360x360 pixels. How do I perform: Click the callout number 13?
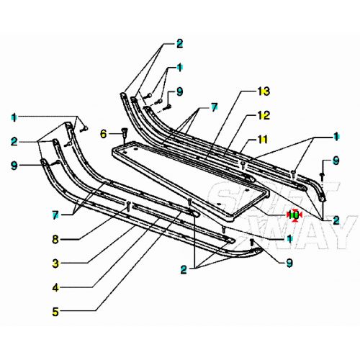264,91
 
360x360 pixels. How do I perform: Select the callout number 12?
264,115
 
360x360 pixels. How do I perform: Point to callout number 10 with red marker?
293,214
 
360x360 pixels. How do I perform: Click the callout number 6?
103,133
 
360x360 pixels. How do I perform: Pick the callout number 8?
55,238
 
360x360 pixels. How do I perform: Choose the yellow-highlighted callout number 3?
55,264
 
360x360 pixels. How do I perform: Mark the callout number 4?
55,288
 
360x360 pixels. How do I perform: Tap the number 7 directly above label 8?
55,214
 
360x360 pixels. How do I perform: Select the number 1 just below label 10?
289,238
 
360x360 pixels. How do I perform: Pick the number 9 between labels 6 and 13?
180,91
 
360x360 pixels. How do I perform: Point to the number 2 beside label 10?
336,220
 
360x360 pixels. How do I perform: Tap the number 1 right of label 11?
336,136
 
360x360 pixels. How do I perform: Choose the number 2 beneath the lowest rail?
184,271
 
